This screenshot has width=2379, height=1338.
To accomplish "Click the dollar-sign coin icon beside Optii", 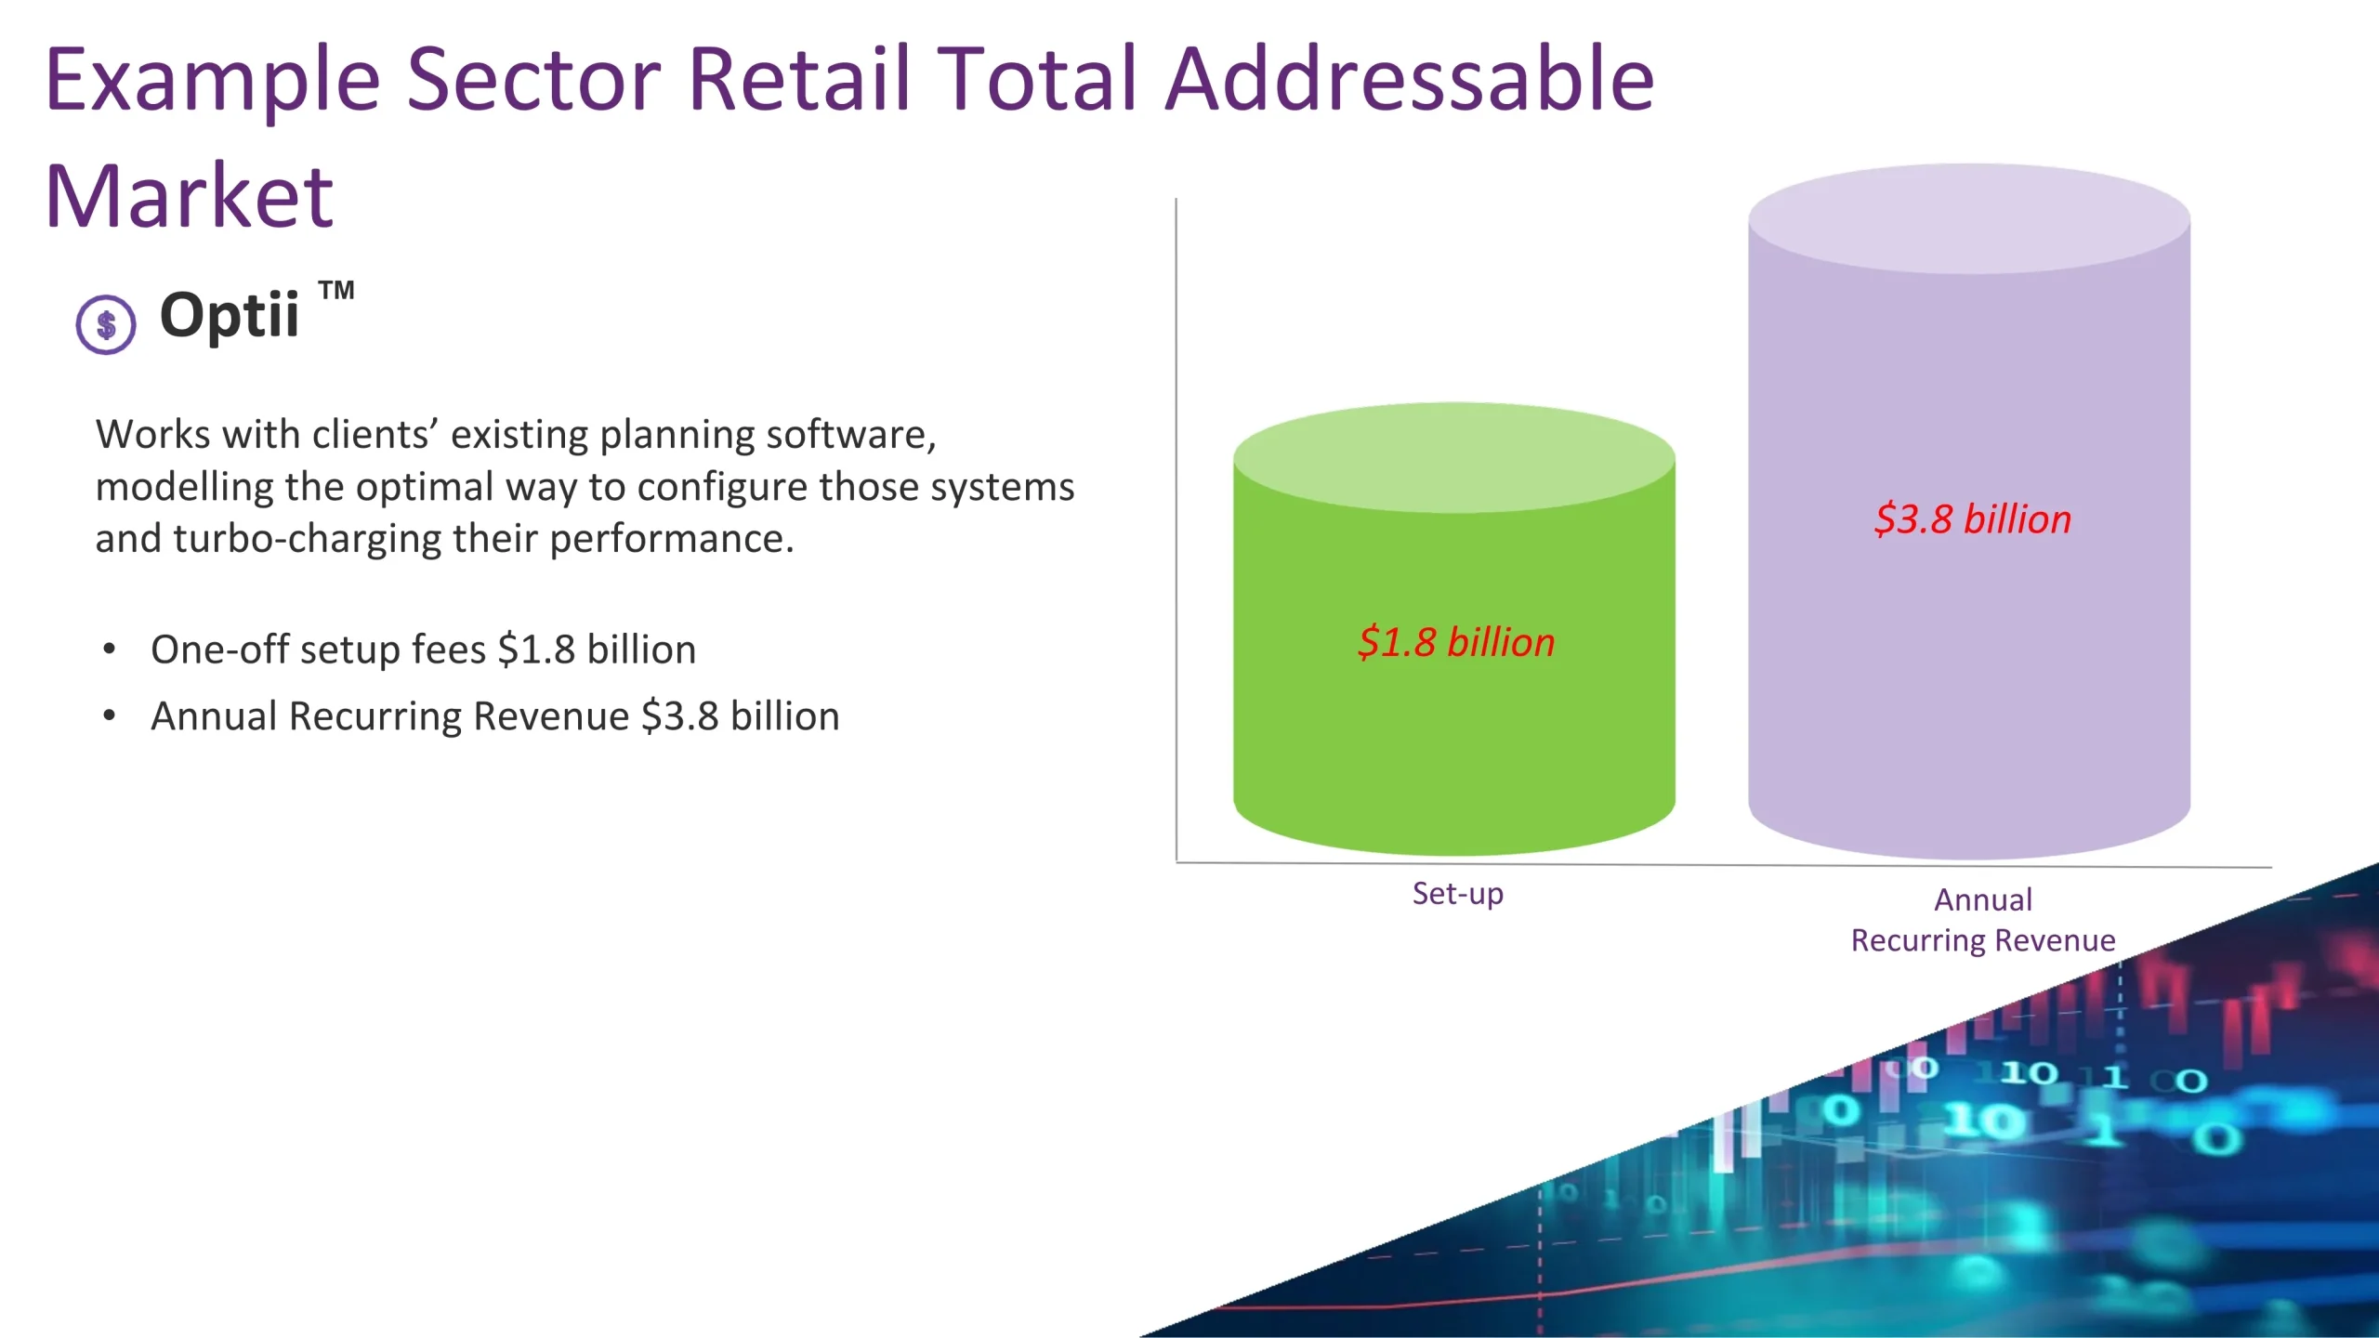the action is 106,324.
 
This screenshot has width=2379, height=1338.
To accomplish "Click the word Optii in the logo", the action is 230,316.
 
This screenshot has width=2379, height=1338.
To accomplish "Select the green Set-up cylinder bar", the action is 1454,629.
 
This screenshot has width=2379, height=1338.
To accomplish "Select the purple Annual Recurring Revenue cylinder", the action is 1969,512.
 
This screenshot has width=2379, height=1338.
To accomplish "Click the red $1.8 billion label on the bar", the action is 1456,643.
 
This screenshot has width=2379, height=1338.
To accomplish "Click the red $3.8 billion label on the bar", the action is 1973,519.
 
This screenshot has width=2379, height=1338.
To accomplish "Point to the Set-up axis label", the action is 1458,894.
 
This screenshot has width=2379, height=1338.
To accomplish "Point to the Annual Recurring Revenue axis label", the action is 1983,920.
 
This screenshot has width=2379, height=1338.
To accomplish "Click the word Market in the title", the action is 189,196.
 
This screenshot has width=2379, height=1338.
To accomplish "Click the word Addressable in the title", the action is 1409,80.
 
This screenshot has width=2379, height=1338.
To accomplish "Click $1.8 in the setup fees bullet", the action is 537,649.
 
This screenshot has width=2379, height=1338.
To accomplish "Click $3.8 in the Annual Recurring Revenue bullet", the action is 680,716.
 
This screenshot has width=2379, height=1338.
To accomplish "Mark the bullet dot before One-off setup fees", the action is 110,649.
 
